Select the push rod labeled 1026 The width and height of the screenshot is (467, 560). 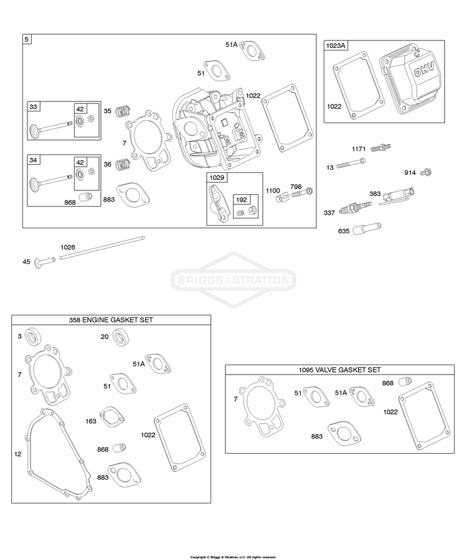pyautogui.click(x=102, y=247)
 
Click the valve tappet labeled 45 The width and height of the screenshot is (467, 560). pyautogui.click(x=45, y=261)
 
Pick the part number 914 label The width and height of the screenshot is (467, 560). pyautogui.click(x=410, y=172)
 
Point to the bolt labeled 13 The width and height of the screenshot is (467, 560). pyautogui.click(x=351, y=164)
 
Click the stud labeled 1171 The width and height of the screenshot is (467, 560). pyautogui.click(x=381, y=147)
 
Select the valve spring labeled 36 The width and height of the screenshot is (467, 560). pyautogui.click(x=123, y=164)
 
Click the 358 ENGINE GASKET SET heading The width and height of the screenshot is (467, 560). pyautogui.click(x=111, y=320)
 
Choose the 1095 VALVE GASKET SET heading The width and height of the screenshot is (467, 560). pyautogui.click(x=340, y=370)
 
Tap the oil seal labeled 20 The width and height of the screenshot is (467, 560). pyautogui.click(x=121, y=337)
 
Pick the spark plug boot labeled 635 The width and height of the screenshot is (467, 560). pyautogui.click(x=367, y=228)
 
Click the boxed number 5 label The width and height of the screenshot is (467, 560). pyautogui.click(x=27, y=39)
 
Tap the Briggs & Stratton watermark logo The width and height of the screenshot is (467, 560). pyautogui.click(x=233, y=279)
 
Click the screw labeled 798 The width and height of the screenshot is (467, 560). pyautogui.click(x=302, y=194)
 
